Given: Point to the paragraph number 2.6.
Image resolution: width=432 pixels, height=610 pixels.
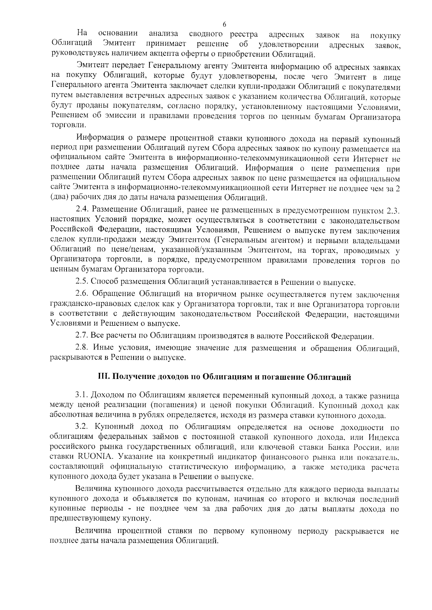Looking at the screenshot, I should (x=83, y=295).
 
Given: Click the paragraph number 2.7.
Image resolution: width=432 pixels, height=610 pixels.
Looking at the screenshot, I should (x=82, y=336).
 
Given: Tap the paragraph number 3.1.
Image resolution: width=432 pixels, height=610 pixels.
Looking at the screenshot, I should (x=82, y=396).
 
